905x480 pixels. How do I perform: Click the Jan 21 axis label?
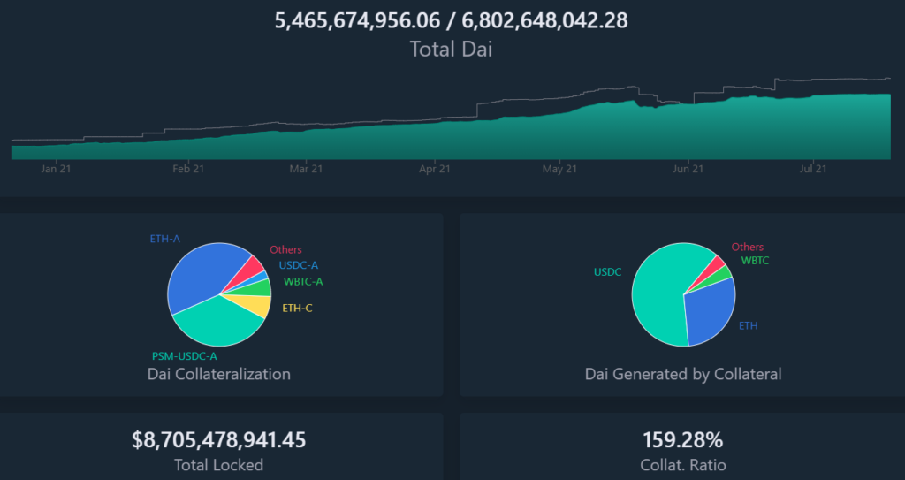point(56,168)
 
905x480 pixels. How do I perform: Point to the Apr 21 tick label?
point(434,168)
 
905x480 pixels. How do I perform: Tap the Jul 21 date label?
point(813,168)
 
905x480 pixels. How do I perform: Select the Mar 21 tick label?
point(306,168)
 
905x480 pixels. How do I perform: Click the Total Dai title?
point(451,49)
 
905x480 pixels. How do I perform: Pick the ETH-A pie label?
point(166,239)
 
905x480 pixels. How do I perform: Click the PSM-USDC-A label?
point(185,355)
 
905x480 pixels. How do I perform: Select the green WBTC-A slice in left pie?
point(262,287)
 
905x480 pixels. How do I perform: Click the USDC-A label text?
point(299,264)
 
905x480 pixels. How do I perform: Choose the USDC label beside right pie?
point(608,272)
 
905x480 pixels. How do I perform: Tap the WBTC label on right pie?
point(755,261)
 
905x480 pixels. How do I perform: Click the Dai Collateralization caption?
point(218,374)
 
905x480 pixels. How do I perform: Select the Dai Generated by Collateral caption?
point(683,374)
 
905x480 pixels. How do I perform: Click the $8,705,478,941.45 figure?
point(219,439)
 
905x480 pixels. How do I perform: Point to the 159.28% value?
point(682,439)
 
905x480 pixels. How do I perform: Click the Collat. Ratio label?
point(682,464)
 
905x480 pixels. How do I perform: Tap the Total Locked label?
point(219,464)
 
